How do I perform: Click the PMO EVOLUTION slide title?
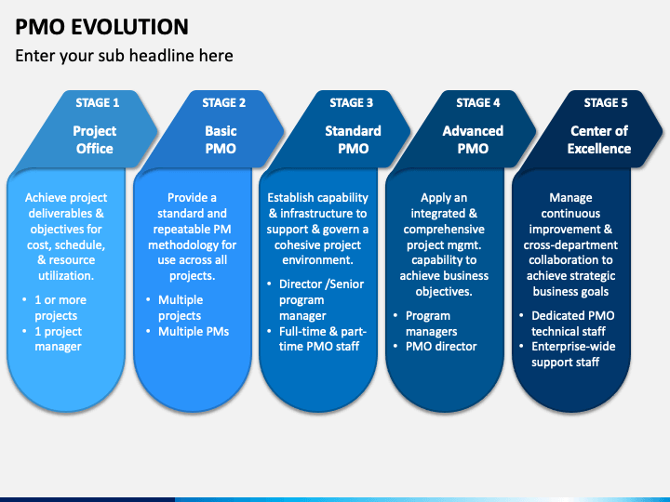pyautogui.click(x=101, y=27)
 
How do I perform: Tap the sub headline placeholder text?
pyautogui.click(x=124, y=56)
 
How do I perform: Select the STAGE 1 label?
pyautogui.click(x=98, y=103)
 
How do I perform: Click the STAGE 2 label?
pyautogui.click(x=224, y=103)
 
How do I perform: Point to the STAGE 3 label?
pyautogui.click(x=351, y=103)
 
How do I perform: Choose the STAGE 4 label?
pyautogui.click(x=477, y=103)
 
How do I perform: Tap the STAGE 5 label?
pyautogui.click(x=606, y=103)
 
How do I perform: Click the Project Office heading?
pyautogui.click(x=94, y=139)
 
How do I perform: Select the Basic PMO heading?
pyautogui.click(x=221, y=139)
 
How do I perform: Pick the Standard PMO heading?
pyautogui.click(x=353, y=139)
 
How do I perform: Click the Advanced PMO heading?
pyautogui.click(x=473, y=139)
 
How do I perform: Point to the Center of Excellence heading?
pyautogui.click(x=599, y=139)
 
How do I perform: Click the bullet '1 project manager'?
pyautogui.click(x=58, y=339)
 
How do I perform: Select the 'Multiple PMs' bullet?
pyautogui.click(x=194, y=332)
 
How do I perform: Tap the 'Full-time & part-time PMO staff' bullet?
pyautogui.click(x=323, y=339)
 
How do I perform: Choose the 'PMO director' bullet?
pyautogui.click(x=441, y=347)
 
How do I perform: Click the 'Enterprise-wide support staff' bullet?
pyautogui.click(x=573, y=354)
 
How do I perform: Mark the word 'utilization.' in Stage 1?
pyautogui.click(x=66, y=276)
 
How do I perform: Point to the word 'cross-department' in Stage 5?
pyautogui.click(x=570, y=245)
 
